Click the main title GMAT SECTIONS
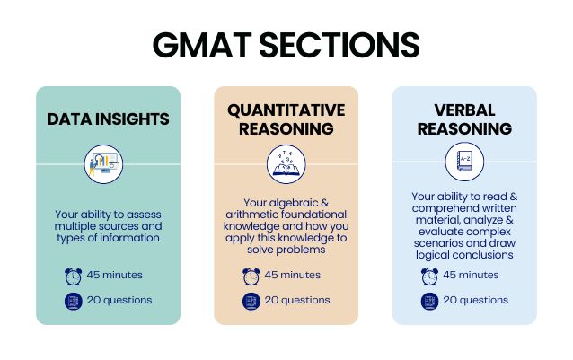click(x=286, y=45)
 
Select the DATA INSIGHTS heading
click(x=108, y=119)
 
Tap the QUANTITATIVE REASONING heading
click(x=286, y=119)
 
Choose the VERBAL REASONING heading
click(x=463, y=119)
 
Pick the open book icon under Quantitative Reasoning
click(x=286, y=165)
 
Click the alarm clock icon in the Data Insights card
click(x=73, y=276)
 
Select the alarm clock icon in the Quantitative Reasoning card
click(x=251, y=276)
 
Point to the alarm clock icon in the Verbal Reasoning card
click(x=430, y=276)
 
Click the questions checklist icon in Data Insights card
click(x=73, y=301)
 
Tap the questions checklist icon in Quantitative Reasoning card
click(x=251, y=301)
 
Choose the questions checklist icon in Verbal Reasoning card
click(x=430, y=301)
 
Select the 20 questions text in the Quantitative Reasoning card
click(x=298, y=301)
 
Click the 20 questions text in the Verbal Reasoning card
click(x=476, y=301)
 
